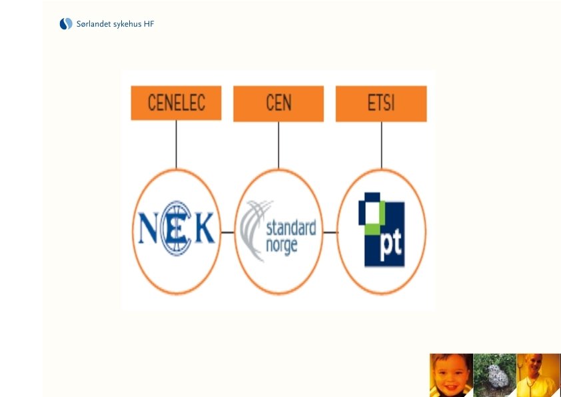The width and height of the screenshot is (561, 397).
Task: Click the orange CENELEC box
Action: click(176, 103)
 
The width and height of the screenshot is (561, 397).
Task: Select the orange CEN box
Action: click(279, 104)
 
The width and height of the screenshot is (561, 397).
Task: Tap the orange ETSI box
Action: click(381, 104)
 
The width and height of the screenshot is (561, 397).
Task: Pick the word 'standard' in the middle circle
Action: click(290, 228)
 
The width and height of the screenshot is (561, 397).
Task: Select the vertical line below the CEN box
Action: click(279, 145)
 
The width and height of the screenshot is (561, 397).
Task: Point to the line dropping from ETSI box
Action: click(381, 145)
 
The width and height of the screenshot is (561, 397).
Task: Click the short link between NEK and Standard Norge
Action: click(227, 232)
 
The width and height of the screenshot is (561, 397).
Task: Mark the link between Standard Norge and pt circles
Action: click(330, 232)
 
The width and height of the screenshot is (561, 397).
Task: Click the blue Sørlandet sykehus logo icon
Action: click(65, 24)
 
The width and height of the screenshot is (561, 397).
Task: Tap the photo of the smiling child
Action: click(450, 375)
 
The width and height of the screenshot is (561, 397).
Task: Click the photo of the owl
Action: click(494, 375)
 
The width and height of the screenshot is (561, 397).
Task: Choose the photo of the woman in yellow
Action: click(538, 375)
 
